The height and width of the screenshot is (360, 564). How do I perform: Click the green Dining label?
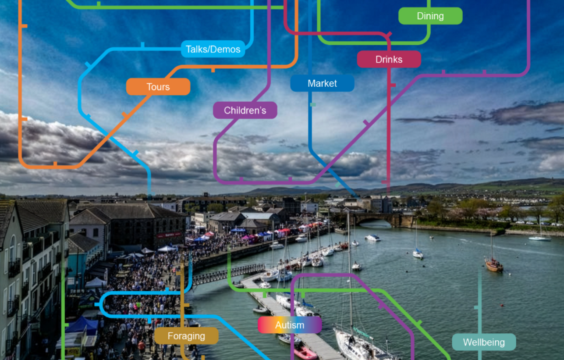pos(430,16)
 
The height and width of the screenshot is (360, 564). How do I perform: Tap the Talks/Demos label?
pos(213,49)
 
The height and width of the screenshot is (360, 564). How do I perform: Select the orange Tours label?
pos(158,87)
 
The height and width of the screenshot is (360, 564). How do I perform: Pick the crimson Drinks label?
pos(389,60)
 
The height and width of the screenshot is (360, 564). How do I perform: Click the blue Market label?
pos(322,83)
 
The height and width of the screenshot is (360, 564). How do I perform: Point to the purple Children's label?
pos(245,110)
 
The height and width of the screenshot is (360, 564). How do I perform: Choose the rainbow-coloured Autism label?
pos(289,325)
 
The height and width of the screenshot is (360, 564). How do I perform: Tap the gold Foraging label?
pos(186,336)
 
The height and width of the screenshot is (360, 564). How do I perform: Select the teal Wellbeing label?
pos(484,342)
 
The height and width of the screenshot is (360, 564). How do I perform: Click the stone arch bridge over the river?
pos(377,218)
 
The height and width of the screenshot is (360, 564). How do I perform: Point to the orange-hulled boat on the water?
pos(493,265)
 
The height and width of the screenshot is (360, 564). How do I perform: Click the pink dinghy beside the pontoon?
pos(305,352)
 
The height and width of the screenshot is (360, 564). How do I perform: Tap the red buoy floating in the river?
pos(502,305)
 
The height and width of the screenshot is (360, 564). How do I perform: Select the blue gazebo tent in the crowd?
pos(83,325)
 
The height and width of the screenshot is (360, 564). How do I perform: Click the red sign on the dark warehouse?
pos(168,235)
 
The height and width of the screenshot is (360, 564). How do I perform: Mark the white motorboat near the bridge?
pos(372,238)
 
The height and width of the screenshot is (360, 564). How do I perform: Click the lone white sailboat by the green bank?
pos(539,238)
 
